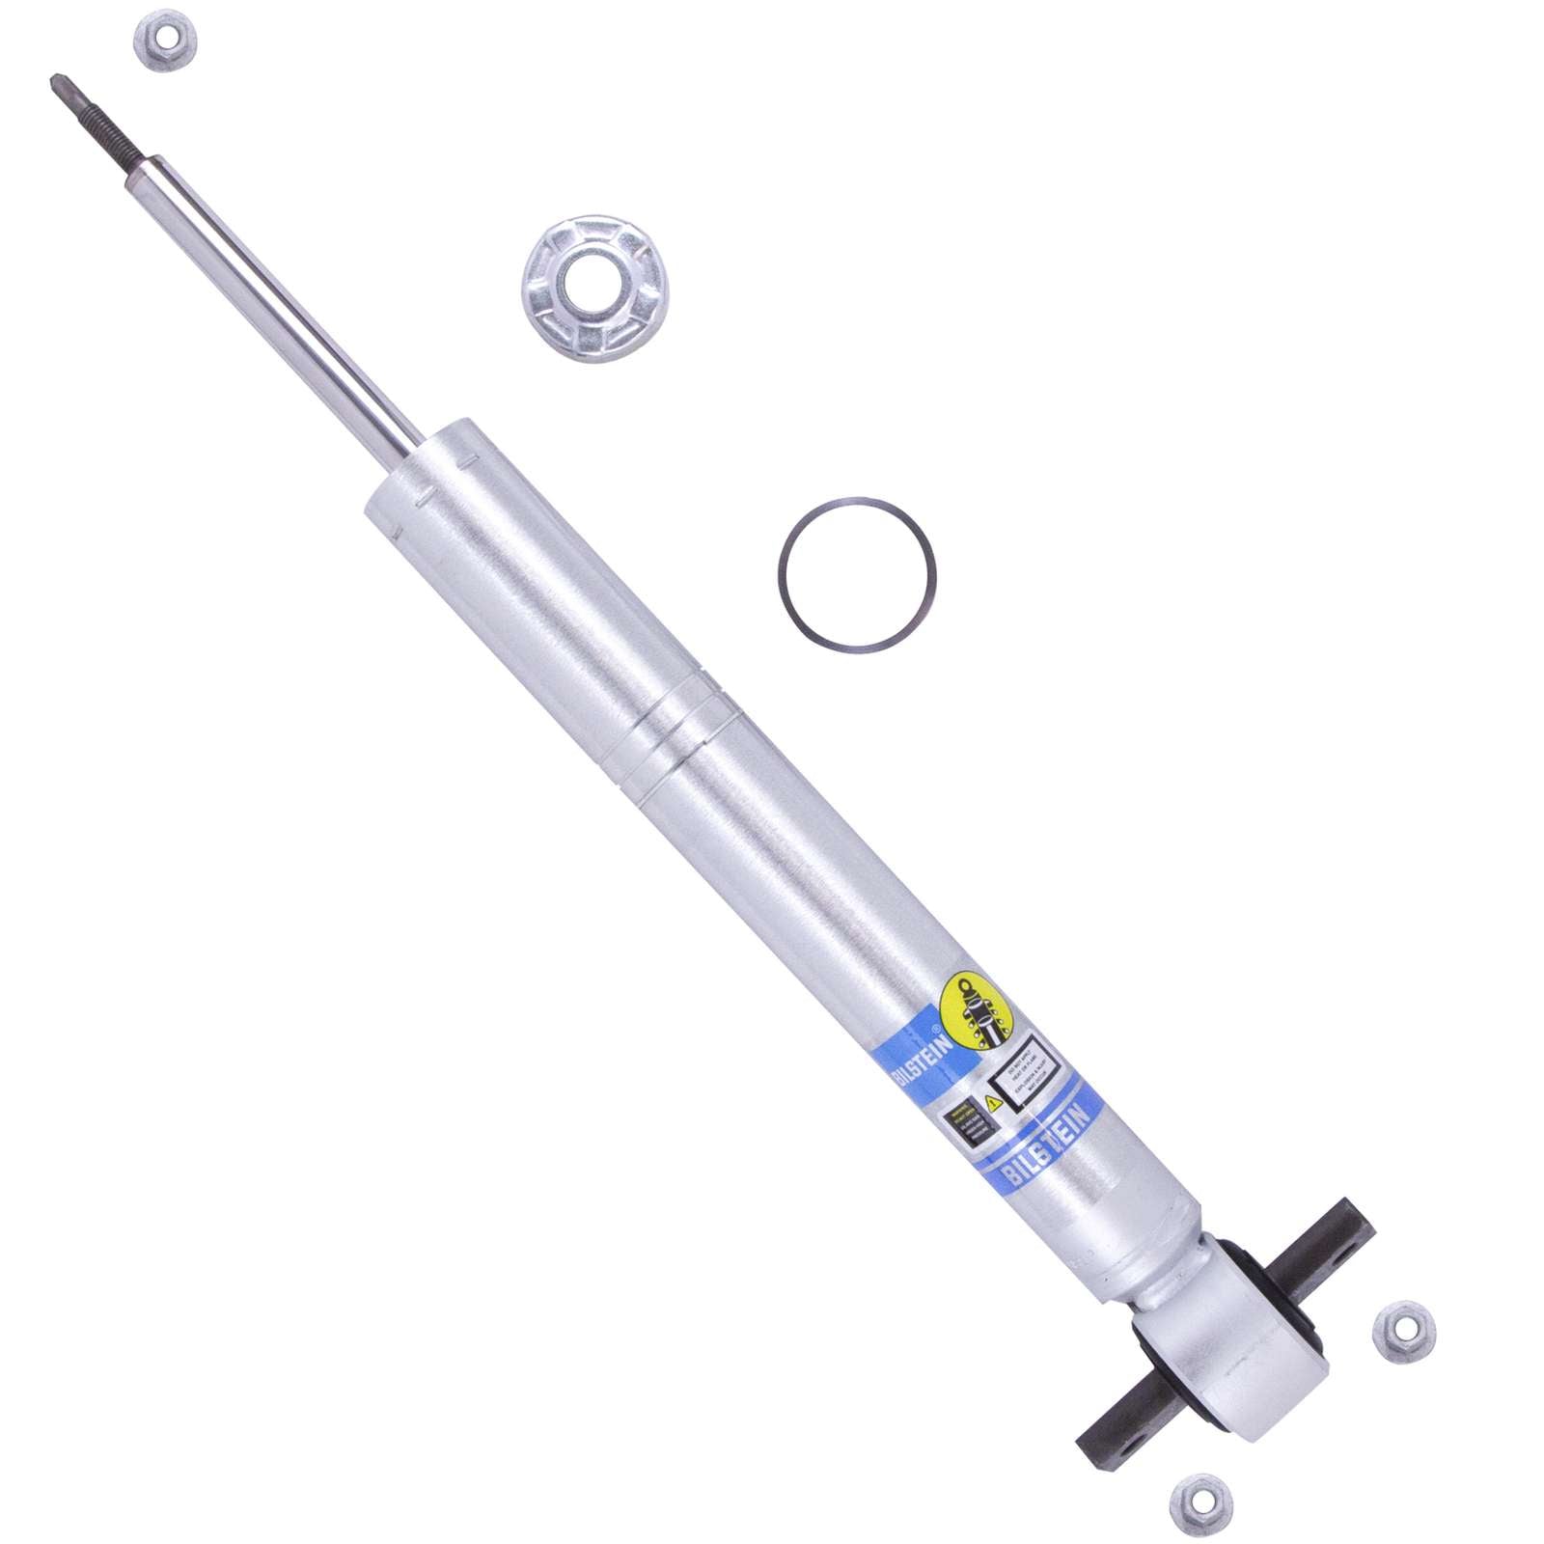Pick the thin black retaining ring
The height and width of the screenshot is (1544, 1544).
tap(854, 576)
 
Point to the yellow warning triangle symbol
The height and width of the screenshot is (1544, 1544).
tap(993, 1101)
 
